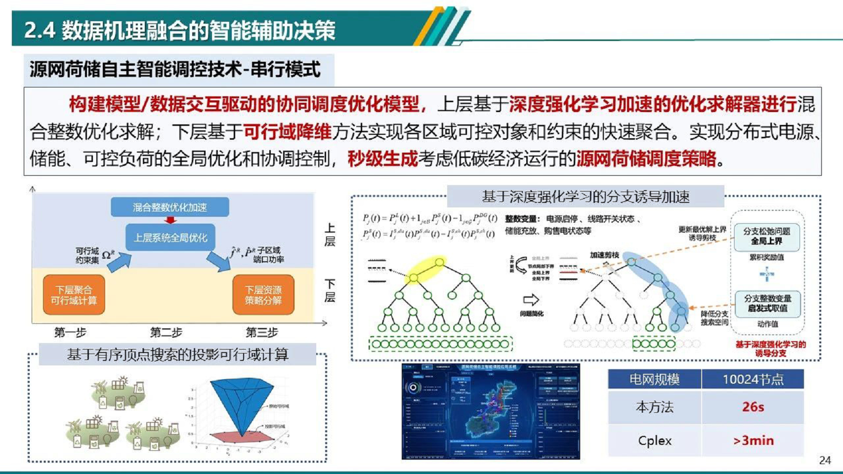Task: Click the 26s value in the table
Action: pyautogui.click(x=753, y=407)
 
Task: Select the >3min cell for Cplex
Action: pyautogui.click(x=753, y=440)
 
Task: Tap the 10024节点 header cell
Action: pyautogui.click(x=753, y=379)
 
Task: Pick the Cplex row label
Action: pyautogui.click(x=654, y=440)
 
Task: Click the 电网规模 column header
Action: pyautogui.click(x=654, y=379)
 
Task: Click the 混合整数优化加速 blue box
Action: pyautogui.click(x=169, y=207)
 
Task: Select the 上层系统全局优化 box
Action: pyautogui.click(x=170, y=237)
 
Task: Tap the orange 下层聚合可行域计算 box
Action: pyautogui.click(x=74, y=295)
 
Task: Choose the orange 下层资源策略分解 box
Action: pyautogui.click(x=263, y=295)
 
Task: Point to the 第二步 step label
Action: pyautogui.click(x=166, y=332)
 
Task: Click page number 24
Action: pyautogui.click(x=825, y=460)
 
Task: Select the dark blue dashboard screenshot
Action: pyautogui.click(x=490, y=412)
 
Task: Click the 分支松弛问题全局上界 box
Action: pyautogui.click(x=766, y=237)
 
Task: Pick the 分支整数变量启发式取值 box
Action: pyautogui.click(x=767, y=303)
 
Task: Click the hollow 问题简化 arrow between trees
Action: pyautogui.click(x=531, y=300)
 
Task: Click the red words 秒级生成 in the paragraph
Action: pyautogui.click(x=382, y=159)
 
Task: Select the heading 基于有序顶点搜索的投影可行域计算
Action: pyautogui.click(x=177, y=355)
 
